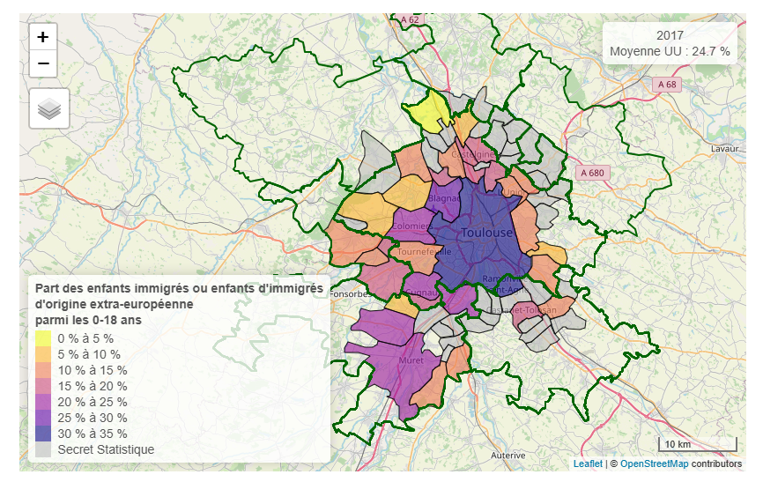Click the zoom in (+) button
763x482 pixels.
43,37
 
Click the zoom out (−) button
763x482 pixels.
43,63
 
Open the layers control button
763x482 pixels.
49,108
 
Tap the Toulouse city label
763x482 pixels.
486,233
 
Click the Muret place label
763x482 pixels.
411,360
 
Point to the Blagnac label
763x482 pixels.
444,199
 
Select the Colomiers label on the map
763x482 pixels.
412,226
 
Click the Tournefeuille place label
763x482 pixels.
425,251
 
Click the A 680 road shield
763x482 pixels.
592,173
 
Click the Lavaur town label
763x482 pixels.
724,149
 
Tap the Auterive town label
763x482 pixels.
508,456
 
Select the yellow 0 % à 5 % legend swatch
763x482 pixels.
44,337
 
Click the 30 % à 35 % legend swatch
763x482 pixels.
44,434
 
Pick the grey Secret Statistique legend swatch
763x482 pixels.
44,449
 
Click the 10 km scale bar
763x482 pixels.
698,443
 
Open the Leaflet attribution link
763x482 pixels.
588,463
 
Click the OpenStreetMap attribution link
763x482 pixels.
654,463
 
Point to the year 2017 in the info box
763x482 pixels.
670,35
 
